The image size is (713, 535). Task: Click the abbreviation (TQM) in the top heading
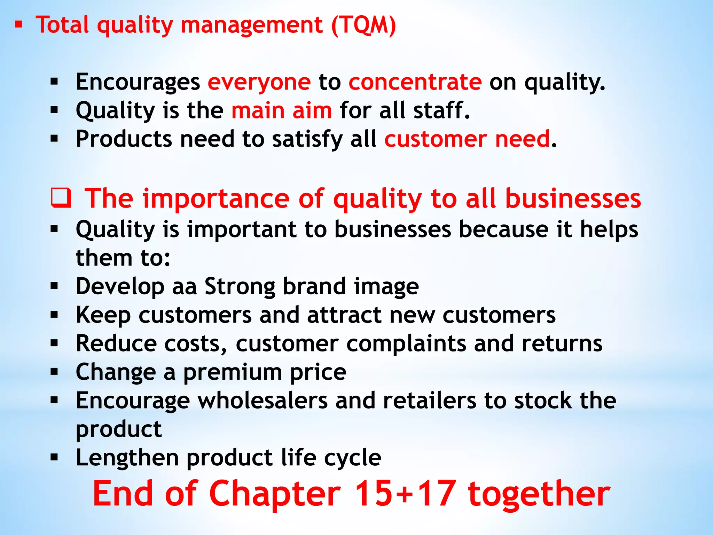coord(363,25)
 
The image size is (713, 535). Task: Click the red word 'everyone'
coord(259,82)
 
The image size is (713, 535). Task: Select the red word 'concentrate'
coord(415,82)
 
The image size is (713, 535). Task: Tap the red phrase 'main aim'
coord(282,111)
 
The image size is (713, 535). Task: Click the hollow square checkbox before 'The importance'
coord(61,198)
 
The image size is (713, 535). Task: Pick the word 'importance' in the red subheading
coord(216,199)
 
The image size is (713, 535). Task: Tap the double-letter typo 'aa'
coord(185,287)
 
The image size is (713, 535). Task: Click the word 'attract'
coord(344,315)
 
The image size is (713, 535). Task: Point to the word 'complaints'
coord(406,344)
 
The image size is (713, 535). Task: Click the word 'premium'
coord(233,372)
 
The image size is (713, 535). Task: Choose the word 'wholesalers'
coord(263,401)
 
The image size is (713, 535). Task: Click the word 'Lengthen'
coord(127,458)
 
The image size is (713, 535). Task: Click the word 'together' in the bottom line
coord(539,494)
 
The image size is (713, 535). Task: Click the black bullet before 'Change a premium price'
coord(54,372)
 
